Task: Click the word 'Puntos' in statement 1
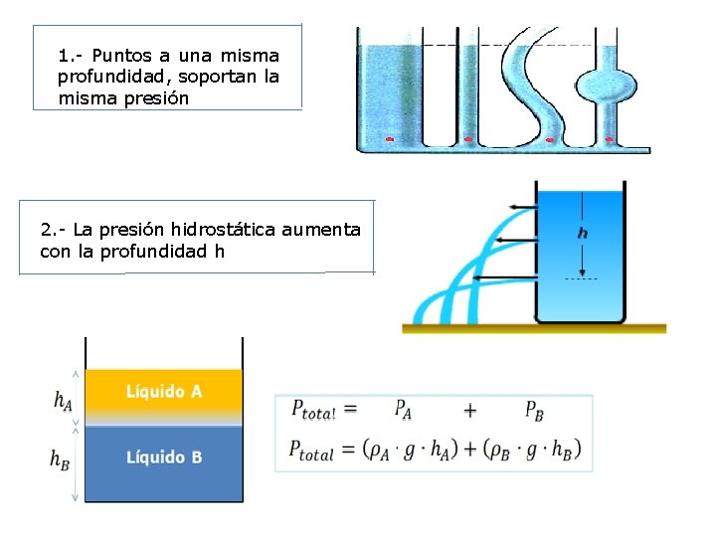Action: (x=117, y=55)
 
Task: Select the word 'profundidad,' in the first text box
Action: (x=110, y=77)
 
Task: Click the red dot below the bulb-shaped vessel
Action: (x=609, y=139)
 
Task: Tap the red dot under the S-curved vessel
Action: (x=550, y=139)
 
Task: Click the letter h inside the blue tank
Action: (x=582, y=233)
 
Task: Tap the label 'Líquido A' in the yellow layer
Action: (x=164, y=391)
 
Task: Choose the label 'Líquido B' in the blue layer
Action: (x=164, y=457)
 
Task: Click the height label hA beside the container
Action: (x=62, y=400)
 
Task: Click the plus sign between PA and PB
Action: (x=470, y=410)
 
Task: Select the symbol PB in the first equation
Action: (x=533, y=410)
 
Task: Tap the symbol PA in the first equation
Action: (x=403, y=409)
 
